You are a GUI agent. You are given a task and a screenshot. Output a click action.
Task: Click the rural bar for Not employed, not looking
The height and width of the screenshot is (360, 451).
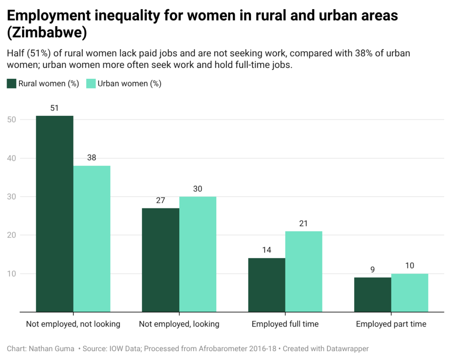coord(55,214)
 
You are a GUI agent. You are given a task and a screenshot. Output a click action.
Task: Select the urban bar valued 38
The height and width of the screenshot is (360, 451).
coord(92,238)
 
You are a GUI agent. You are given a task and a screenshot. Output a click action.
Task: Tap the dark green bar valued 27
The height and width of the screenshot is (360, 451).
coord(160,260)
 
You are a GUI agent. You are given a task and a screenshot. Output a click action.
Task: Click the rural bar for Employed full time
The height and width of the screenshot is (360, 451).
coord(266,285)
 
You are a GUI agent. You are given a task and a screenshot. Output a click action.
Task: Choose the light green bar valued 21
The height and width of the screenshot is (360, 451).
coord(303,271)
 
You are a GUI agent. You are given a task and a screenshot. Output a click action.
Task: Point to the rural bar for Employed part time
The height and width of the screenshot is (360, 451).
coord(373,294)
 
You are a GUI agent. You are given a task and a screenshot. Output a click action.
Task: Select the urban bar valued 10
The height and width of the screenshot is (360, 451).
coord(410,293)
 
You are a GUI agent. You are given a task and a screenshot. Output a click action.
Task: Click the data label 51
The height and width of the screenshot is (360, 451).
coord(55,108)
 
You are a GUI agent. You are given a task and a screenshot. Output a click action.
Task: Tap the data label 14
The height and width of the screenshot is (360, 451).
coord(266,250)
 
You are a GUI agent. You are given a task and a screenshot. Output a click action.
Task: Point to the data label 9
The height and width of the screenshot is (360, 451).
coord(373,269)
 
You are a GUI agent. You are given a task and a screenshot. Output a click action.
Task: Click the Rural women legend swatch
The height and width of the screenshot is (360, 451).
coord(11,84)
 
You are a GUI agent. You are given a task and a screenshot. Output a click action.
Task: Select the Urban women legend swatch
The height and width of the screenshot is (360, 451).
coord(91,84)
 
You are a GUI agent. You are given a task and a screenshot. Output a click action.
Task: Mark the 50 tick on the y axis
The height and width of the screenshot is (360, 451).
coord(12,119)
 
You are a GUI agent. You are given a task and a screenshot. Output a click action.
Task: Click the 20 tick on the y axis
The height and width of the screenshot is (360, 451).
coord(12,235)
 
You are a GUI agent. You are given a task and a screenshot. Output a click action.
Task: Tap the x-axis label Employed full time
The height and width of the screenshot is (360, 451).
coord(285,324)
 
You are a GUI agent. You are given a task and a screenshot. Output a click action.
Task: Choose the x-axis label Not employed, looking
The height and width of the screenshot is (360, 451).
coord(179,324)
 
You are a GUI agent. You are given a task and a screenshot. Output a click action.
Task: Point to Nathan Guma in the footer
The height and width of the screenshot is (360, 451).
coord(52,349)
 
